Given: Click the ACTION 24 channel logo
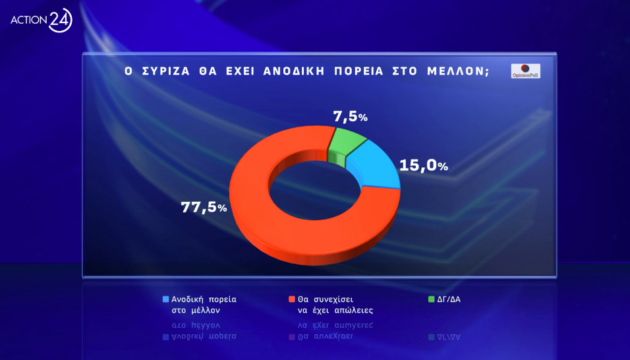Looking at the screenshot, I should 41,20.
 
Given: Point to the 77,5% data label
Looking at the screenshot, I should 204,207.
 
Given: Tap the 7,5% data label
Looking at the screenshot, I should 350,117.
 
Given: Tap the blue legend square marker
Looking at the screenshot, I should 165,299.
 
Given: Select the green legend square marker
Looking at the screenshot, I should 432,299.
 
